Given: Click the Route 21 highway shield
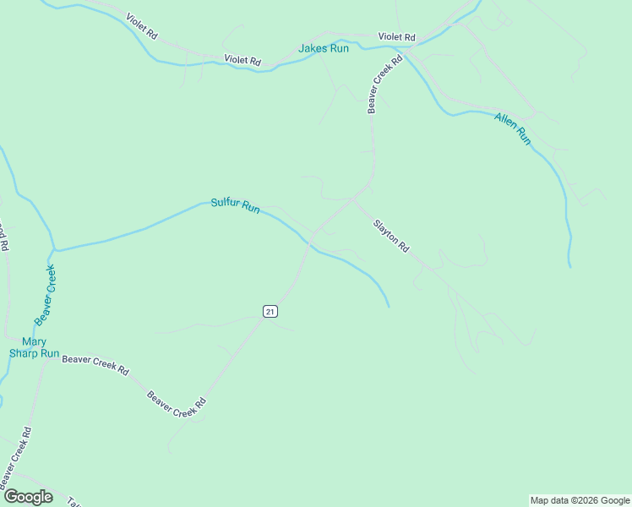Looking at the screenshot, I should coord(270,311).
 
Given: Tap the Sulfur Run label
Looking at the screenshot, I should coord(235,204).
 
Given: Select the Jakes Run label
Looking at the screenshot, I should coord(323,49).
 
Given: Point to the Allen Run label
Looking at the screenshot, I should coord(513,128).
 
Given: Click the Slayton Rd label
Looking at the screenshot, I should coord(392,237).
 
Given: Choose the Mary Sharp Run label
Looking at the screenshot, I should coord(34,347).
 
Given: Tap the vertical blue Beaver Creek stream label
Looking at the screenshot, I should coord(45,295).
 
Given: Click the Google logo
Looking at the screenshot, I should coord(27,496).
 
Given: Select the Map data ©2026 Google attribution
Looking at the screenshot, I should coord(580,500).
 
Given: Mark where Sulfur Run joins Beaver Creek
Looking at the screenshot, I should coord(55,250).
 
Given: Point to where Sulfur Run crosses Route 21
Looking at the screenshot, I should coord(309,242).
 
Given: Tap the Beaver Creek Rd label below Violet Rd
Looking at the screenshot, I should coord(384,86).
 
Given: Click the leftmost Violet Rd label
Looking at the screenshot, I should coord(141,28).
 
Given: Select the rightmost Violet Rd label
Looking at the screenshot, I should coord(397,37).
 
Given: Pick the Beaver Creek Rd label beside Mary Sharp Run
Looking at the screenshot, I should coord(95,364).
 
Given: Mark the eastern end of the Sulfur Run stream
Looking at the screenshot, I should coord(389,305).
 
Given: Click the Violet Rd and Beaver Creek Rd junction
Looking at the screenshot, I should coord(405,51).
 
